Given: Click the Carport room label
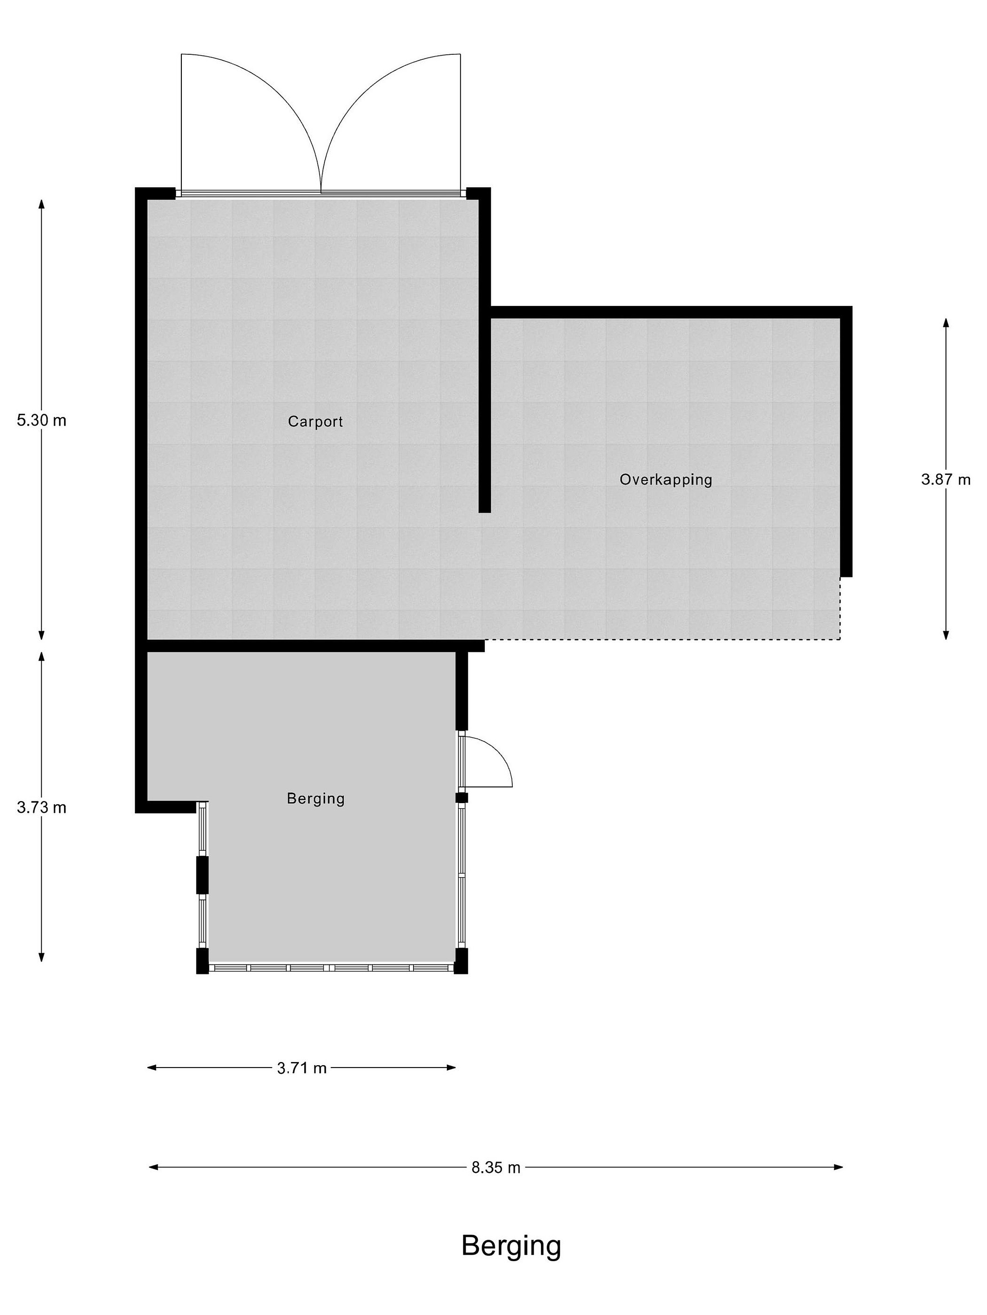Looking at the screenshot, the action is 315,422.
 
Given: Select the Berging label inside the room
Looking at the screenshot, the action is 315,799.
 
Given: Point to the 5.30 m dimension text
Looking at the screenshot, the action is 42,421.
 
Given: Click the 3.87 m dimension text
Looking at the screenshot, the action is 946,479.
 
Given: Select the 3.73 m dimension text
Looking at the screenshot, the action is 42,807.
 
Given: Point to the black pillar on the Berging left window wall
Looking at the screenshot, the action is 203,874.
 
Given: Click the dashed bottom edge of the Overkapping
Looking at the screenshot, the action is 662,640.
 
